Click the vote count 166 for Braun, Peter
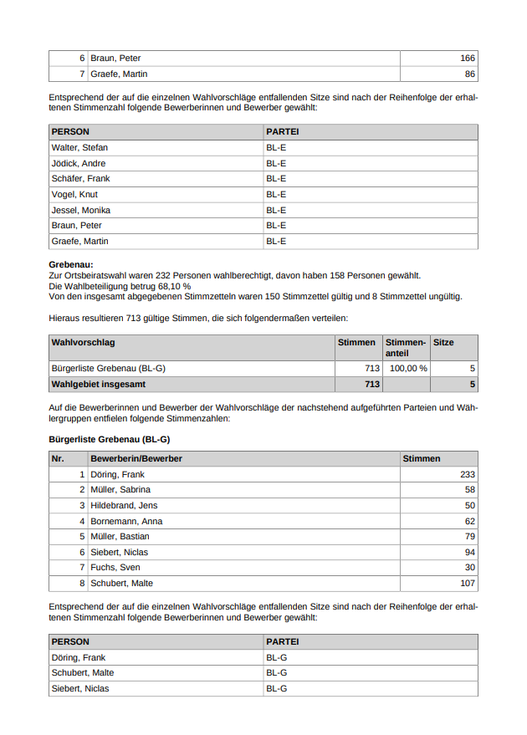coord(467,59)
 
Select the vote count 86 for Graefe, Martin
coord(469,74)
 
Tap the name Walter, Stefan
coord(79,148)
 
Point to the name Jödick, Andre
coord(79,164)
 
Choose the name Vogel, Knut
coord(74,195)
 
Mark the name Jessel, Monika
coord(81,211)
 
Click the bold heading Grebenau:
coord(71,264)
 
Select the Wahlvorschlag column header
coord(84,343)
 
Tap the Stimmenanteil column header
coord(405,348)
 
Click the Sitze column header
coord(443,343)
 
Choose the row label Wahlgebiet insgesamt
coord(99,385)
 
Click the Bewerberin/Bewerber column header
coord(136,459)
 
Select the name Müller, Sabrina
coord(120,490)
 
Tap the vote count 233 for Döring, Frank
coord(468,475)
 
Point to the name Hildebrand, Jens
coord(124,506)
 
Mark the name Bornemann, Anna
coord(126,522)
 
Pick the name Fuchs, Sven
coord(115,568)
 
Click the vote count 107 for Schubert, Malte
coord(468,584)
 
